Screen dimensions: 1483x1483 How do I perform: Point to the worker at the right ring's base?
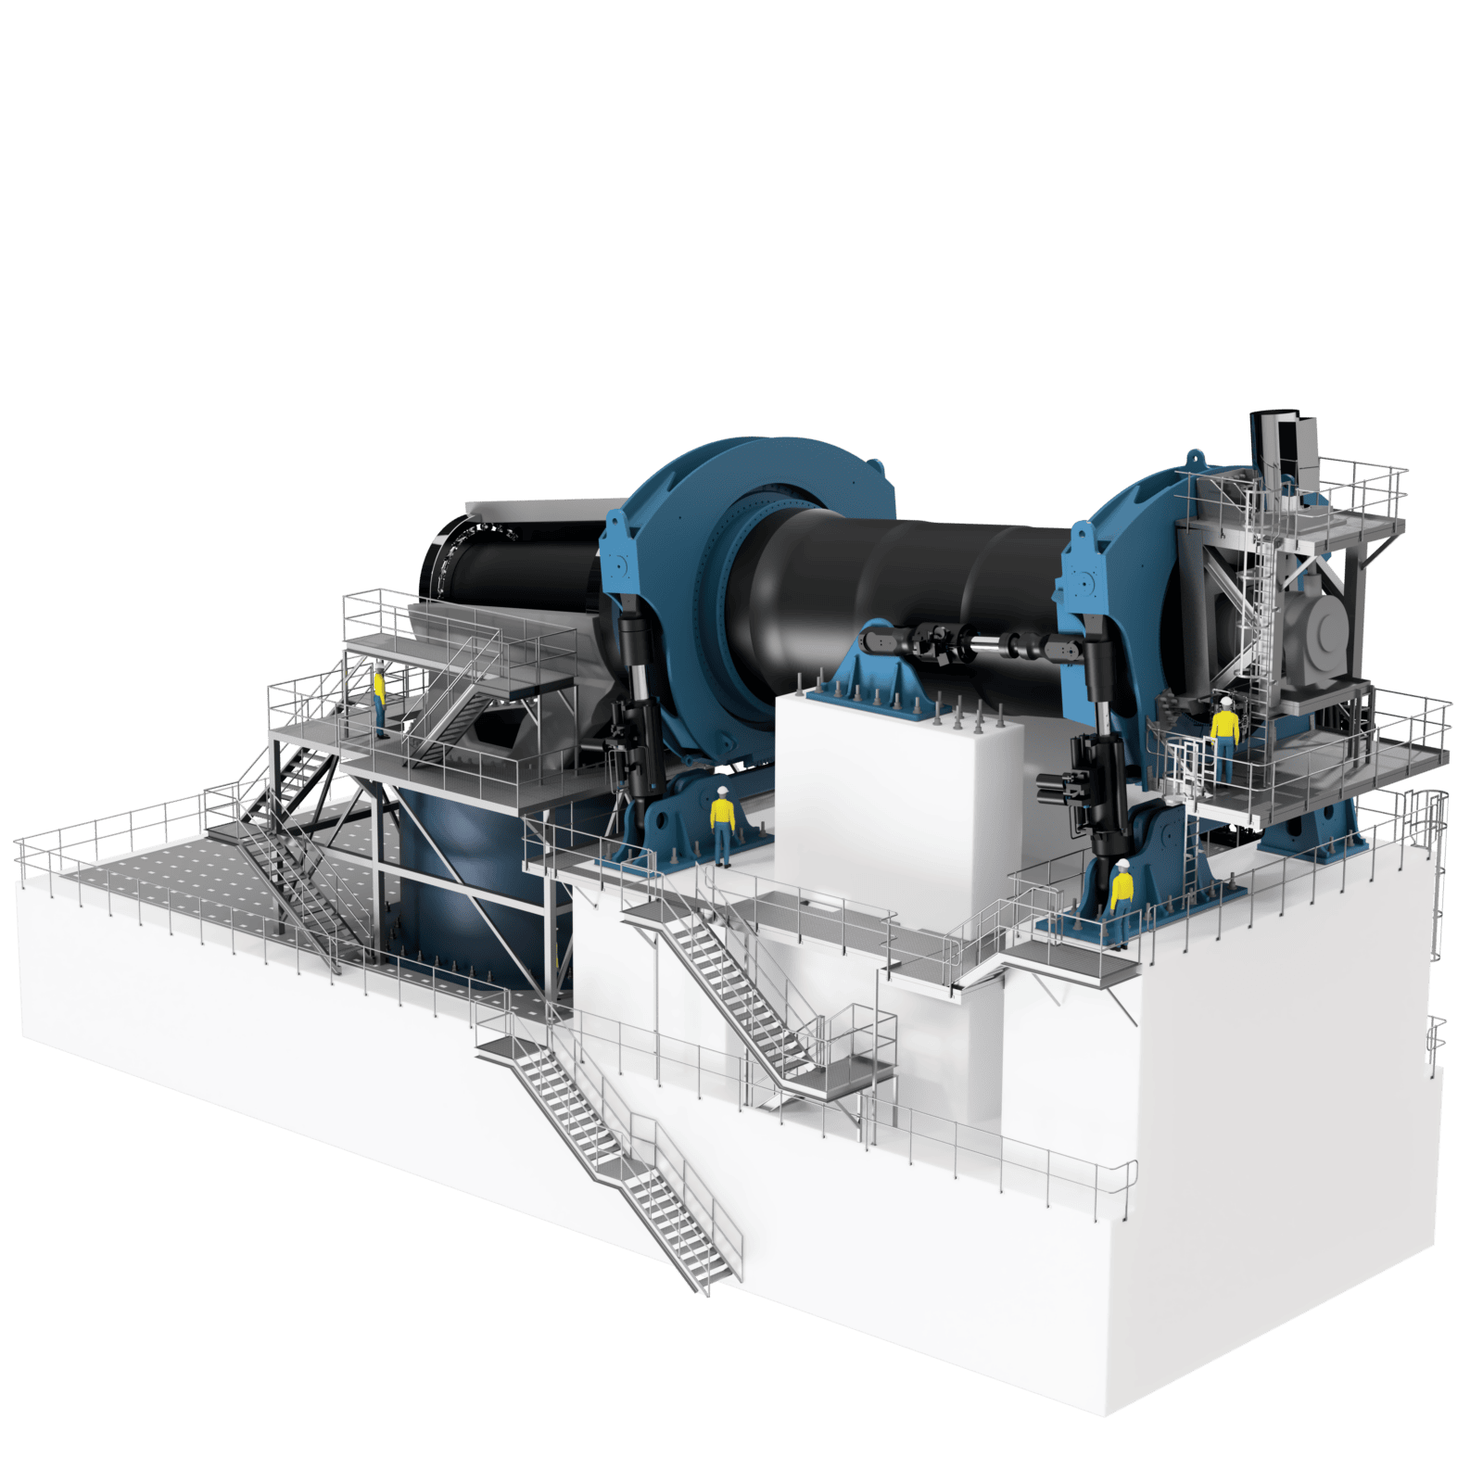tap(1122, 899)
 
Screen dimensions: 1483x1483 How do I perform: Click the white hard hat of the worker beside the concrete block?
tap(722, 791)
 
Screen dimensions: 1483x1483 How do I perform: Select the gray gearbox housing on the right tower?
tap(1321, 630)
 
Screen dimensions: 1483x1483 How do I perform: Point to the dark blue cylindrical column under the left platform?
tap(463, 881)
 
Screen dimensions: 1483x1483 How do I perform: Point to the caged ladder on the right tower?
tap(1261, 593)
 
